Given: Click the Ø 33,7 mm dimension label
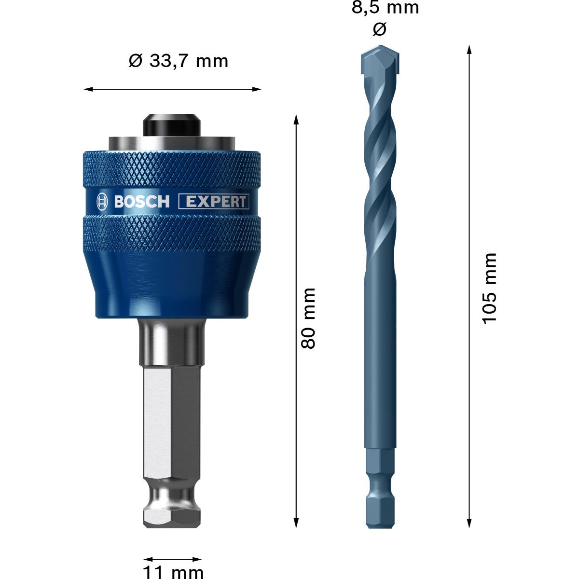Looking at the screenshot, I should [179, 61].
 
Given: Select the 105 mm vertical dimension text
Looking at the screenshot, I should [489, 288].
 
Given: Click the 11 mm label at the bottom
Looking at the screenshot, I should [173, 572].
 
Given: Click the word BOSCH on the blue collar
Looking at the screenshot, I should [142, 202].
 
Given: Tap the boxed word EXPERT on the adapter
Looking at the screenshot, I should [214, 202].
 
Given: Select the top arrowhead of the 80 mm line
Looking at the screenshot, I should [296, 119].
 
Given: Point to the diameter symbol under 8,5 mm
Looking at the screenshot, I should [380, 29].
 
